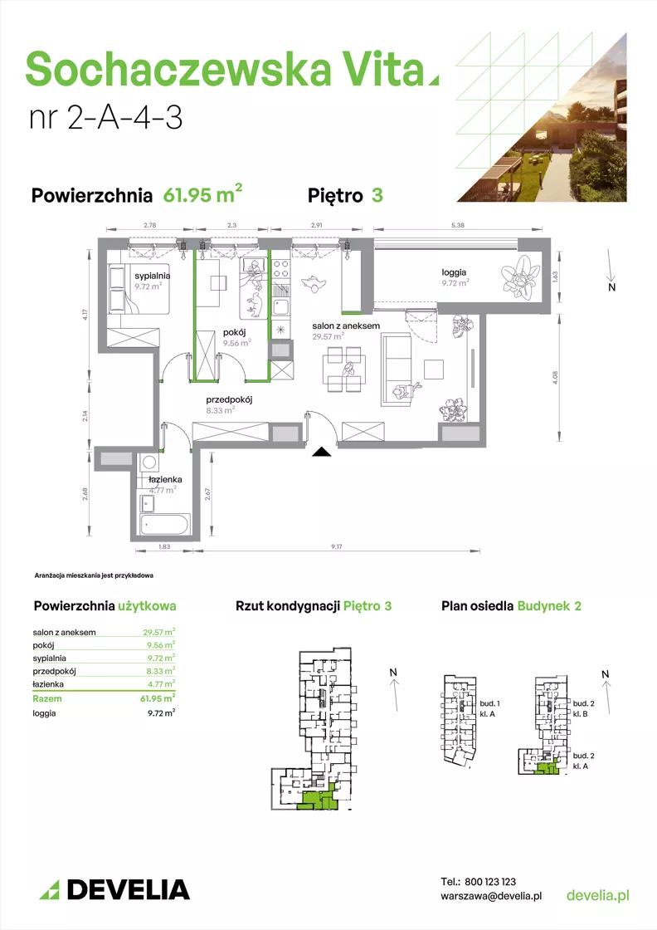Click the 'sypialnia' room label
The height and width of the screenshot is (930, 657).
click(153, 276)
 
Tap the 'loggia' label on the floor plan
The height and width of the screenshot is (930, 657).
click(454, 272)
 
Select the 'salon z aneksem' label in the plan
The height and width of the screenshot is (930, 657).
click(346, 325)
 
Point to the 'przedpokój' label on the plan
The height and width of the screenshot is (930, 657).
click(229, 399)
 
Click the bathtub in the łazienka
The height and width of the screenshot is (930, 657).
click(164, 524)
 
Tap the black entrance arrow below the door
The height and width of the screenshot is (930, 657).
click(322, 453)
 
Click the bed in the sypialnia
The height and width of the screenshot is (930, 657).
click(139, 289)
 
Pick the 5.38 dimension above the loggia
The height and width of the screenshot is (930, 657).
click(457, 225)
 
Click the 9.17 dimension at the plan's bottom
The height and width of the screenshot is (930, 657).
click(337, 546)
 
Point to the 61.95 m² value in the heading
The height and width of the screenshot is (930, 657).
click(202, 193)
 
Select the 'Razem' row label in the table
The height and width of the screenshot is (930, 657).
click(46, 698)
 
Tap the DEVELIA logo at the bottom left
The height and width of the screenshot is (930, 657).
click(114, 889)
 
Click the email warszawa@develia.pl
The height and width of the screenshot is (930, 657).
click(491, 896)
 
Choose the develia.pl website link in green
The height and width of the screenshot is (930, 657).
click(598, 895)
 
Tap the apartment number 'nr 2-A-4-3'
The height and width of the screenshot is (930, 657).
click(105, 117)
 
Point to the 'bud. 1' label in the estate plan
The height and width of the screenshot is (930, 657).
click(489, 703)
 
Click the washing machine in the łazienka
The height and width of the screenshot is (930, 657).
click(148, 462)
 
